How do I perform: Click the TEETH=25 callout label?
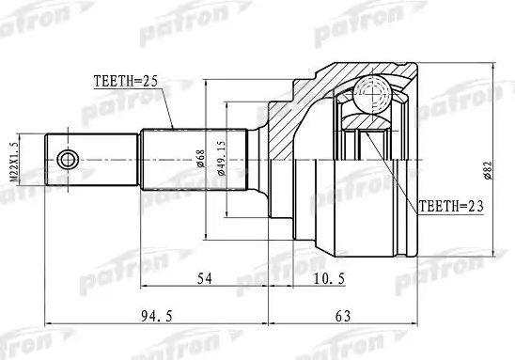point(126,81)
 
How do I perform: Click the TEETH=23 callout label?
point(451,206)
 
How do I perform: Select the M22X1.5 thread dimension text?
point(14,160)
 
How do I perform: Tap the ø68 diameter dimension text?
point(200,158)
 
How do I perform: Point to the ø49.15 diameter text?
point(222,158)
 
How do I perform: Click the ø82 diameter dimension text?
point(488,170)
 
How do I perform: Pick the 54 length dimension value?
point(204,278)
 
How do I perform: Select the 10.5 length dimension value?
point(329,279)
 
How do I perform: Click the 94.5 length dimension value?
point(157,317)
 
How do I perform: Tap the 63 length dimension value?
point(343,317)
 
